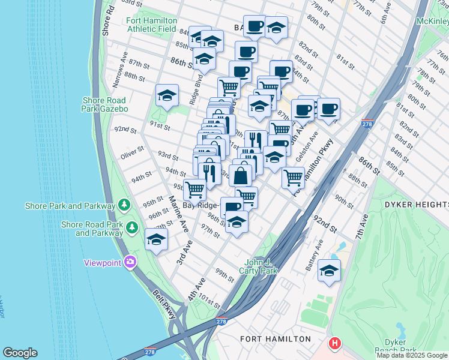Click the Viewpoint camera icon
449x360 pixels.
pos(130,262)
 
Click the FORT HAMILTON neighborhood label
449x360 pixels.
pos(276,339)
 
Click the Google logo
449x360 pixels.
pos(20,353)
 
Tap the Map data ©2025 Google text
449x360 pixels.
pos(412,355)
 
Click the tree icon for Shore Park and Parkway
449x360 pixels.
pos(124,205)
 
